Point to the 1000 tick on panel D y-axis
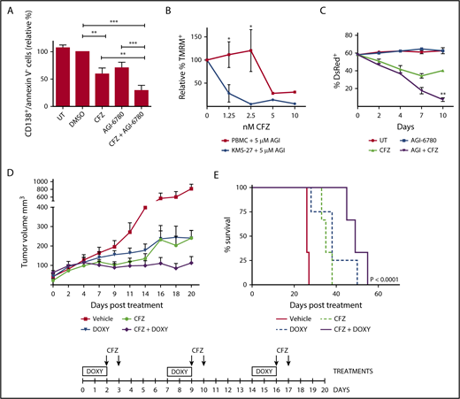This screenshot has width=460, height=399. (41, 180)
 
